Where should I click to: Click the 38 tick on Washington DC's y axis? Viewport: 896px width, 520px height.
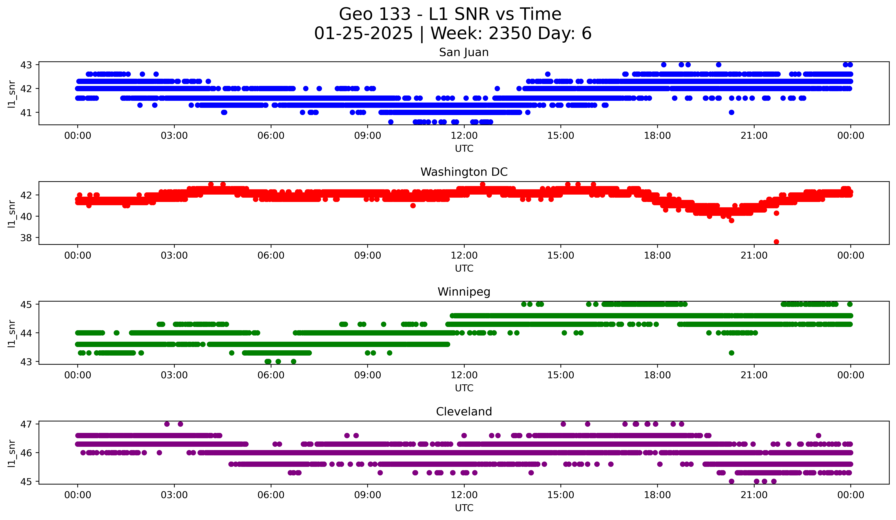pos(26,238)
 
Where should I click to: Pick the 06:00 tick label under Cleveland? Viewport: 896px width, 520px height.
pos(271,495)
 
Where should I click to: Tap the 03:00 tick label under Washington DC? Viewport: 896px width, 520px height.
pos(174,256)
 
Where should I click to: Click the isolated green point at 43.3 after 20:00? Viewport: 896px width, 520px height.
pos(731,353)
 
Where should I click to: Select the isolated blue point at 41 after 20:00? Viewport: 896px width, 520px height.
pos(731,112)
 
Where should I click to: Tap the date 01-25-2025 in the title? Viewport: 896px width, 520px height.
pos(363,33)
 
